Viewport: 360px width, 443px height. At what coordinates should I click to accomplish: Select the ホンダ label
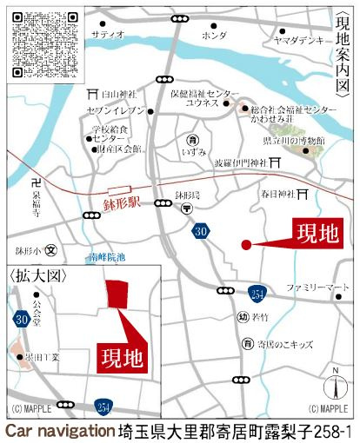(x=213, y=36)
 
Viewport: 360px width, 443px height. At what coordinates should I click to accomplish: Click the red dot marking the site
(x=246, y=244)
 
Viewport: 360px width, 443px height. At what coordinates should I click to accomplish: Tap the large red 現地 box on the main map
(x=315, y=233)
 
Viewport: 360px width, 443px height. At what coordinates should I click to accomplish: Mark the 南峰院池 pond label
(x=108, y=257)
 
